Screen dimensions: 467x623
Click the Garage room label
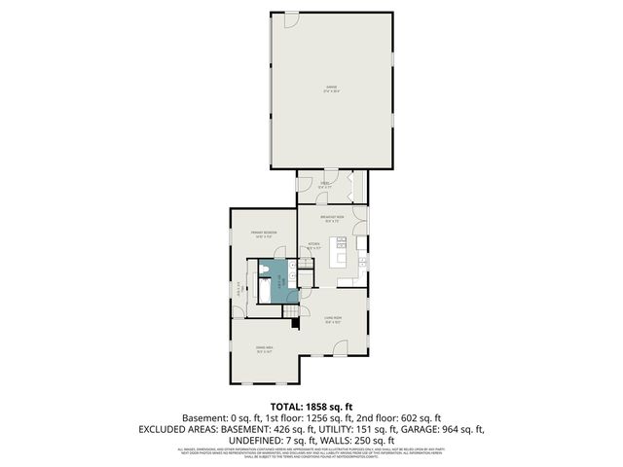(x=331, y=89)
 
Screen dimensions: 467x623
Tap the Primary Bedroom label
(x=264, y=233)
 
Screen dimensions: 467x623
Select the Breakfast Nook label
(x=332, y=219)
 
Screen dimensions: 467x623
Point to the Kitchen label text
(x=314, y=246)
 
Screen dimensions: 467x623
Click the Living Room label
(x=332, y=319)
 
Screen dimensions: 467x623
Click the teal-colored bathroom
(x=278, y=280)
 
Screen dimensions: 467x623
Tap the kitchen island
(x=340, y=256)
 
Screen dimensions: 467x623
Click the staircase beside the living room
(x=290, y=310)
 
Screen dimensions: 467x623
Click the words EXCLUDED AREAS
(x=184, y=428)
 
